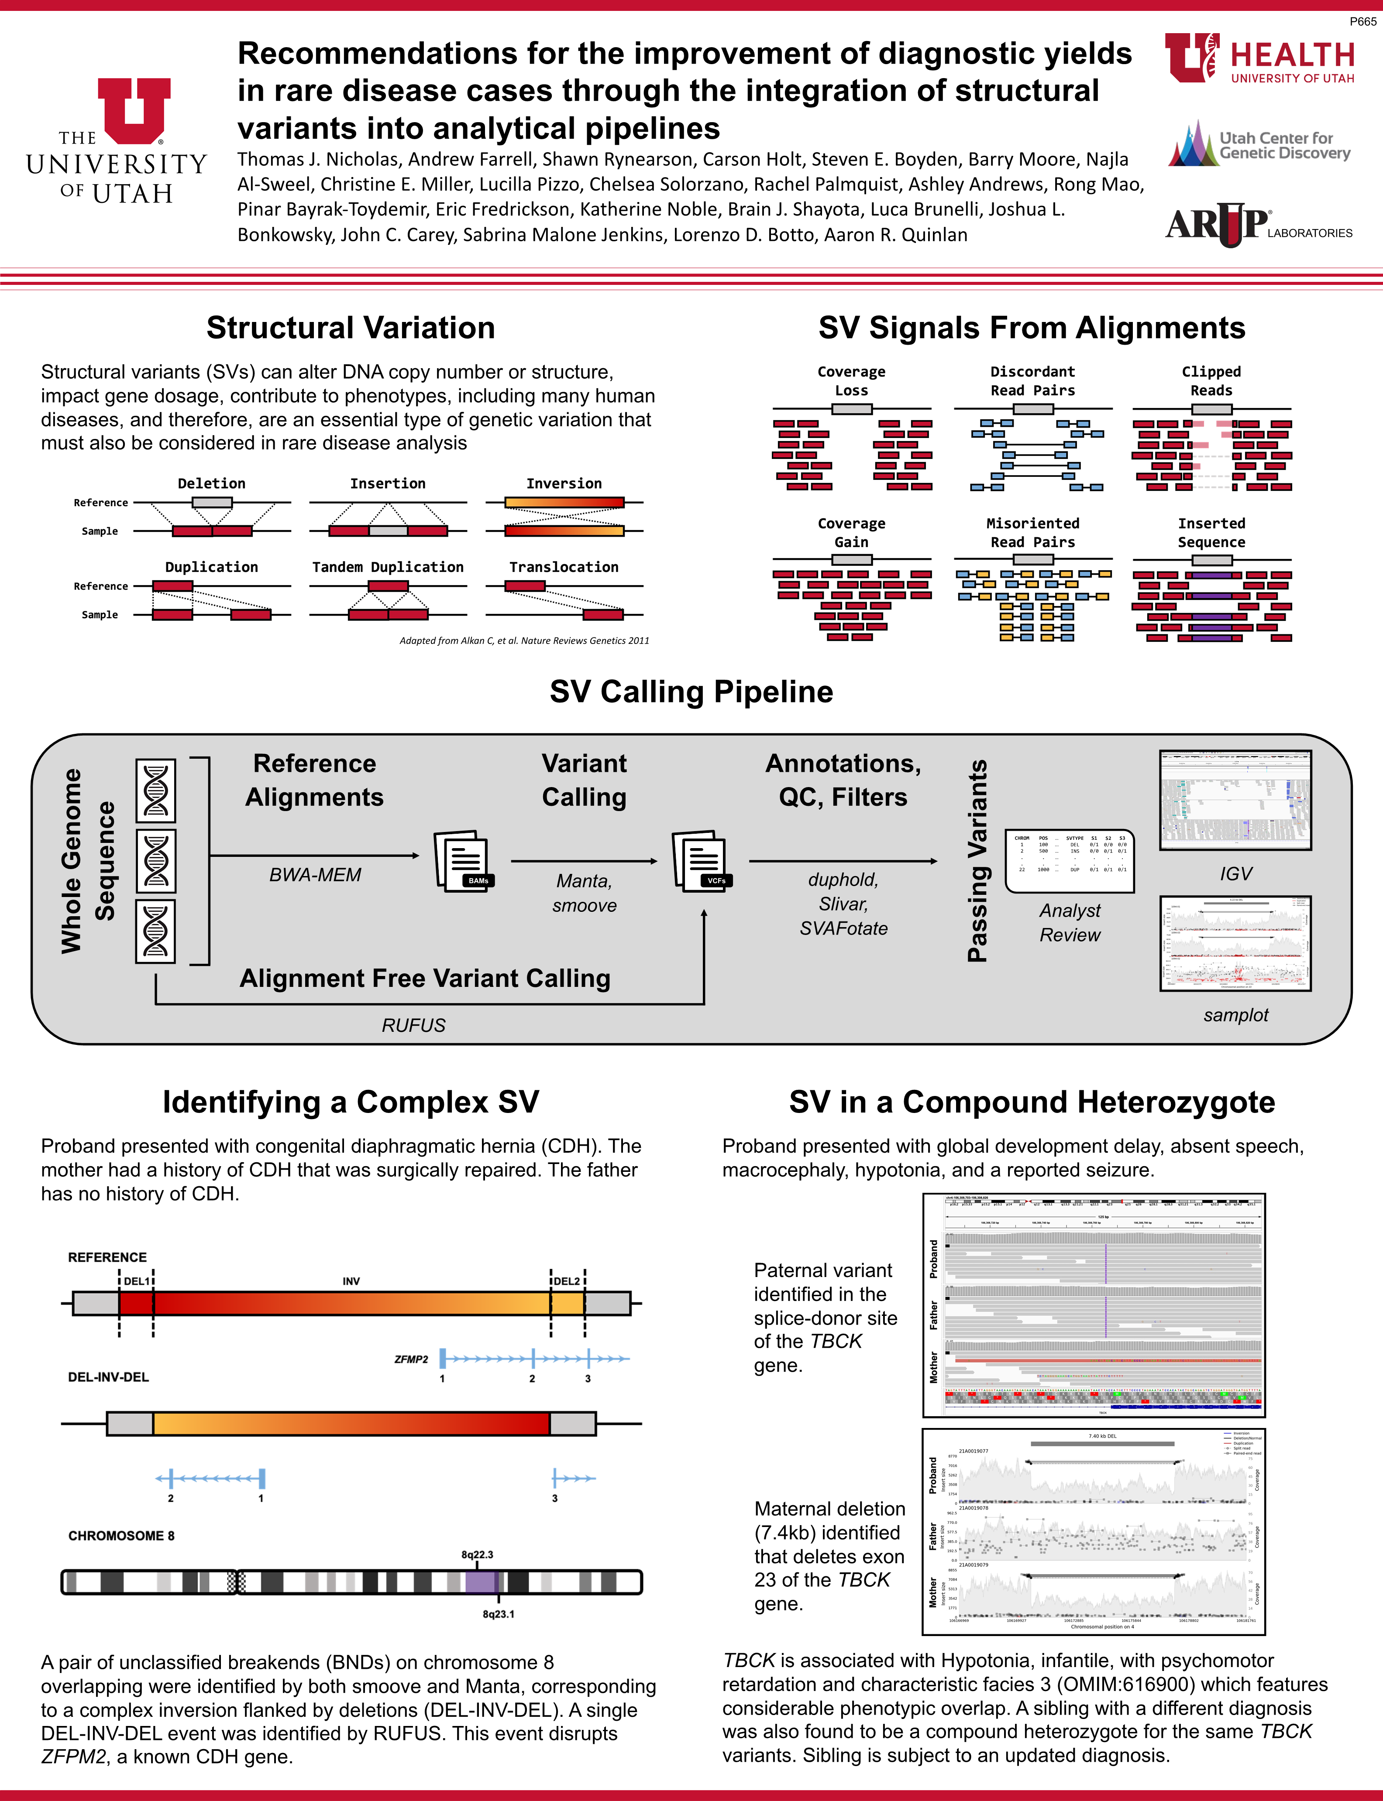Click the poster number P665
point(1362,21)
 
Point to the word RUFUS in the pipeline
point(413,1025)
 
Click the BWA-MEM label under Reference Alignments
point(315,875)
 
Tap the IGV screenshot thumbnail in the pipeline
point(1235,800)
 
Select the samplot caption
point(1235,1014)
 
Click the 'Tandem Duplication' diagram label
point(388,567)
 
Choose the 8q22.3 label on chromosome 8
point(478,1554)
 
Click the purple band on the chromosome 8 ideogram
point(482,1581)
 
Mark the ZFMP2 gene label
point(411,1359)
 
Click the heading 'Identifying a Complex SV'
point(351,1102)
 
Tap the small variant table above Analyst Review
point(1070,861)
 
